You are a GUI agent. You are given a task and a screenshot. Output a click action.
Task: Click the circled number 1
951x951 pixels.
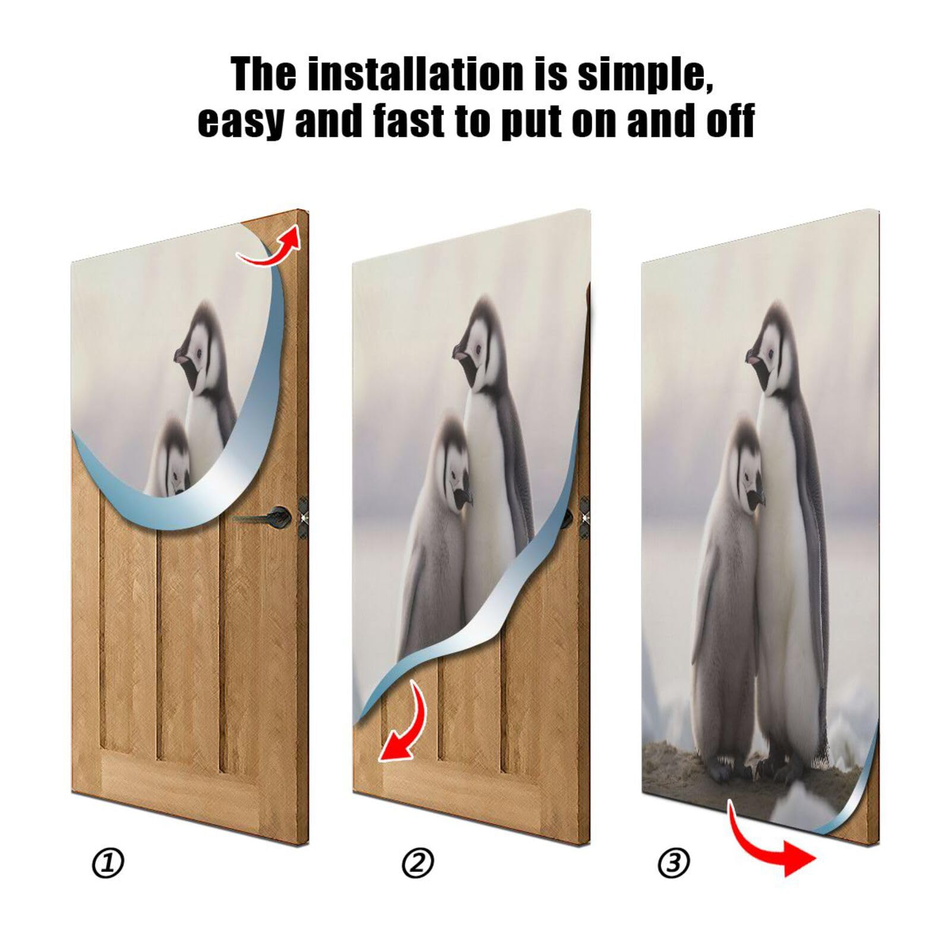(x=108, y=862)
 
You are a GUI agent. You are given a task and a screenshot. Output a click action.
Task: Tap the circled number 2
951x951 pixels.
(x=418, y=862)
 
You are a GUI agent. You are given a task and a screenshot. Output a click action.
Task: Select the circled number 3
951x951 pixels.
(x=673, y=862)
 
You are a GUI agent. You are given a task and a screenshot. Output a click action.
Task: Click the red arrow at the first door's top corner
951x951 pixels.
(x=271, y=248)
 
